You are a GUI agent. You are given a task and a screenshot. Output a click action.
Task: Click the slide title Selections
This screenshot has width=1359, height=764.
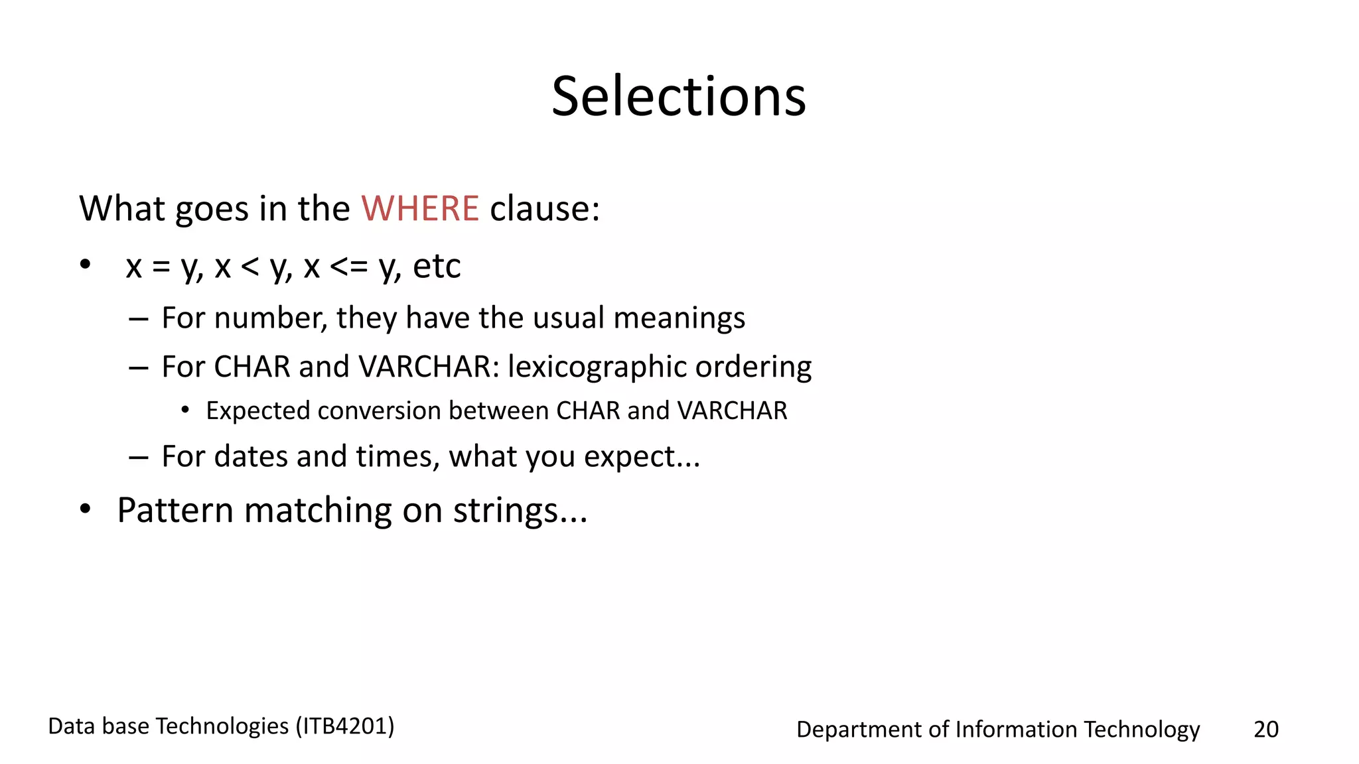click(678, 97)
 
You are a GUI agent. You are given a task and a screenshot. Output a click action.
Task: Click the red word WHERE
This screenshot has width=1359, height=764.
click(420, 208)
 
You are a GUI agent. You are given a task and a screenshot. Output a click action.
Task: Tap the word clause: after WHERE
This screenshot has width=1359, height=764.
click(545, 208)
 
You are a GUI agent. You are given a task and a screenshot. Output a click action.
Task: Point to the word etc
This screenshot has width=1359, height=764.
click(437, 267)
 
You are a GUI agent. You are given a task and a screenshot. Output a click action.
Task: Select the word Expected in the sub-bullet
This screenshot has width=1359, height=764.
click(257, 411)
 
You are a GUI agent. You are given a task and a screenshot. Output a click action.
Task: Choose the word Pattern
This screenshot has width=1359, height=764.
click(175, 510)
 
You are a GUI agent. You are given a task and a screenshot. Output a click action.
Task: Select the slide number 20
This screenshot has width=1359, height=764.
click(1265, 729)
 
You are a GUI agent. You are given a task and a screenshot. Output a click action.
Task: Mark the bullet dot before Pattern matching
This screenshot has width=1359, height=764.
click(85, 510)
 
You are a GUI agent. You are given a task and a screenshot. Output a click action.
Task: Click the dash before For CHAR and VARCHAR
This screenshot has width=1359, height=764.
click(138, 367)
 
